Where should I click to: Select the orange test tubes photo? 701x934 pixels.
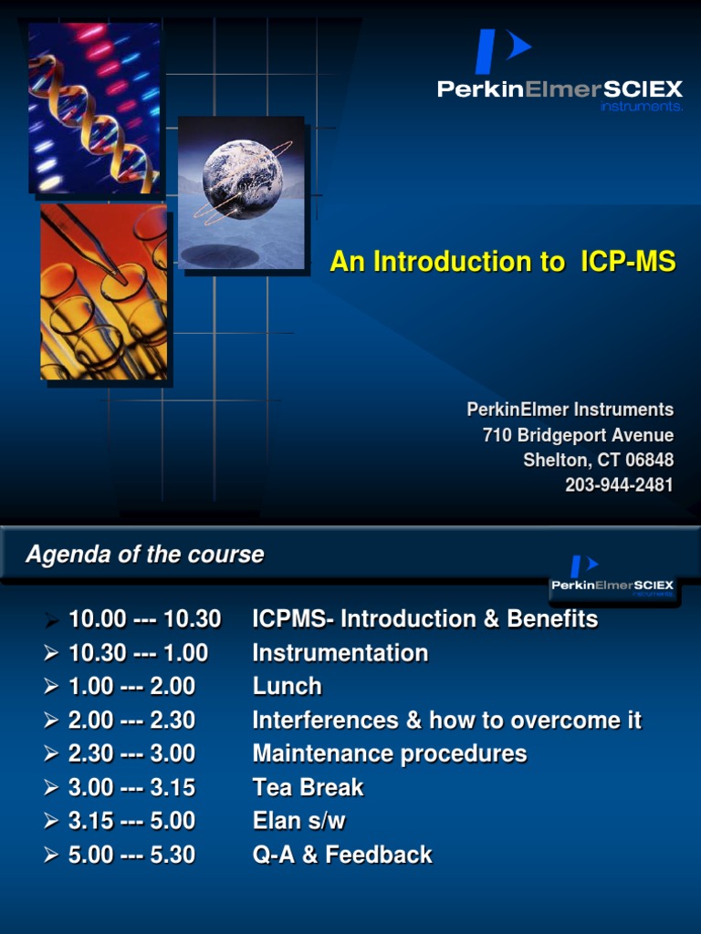click(103, 292)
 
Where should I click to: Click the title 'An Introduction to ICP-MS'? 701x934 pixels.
click(502, 263)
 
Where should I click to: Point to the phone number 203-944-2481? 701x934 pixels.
click(618, 485)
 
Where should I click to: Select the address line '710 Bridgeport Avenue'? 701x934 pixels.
click(578, 436)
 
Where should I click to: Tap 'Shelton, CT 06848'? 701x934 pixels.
click(598, 461)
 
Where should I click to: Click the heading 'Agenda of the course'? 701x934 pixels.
click(145, 555)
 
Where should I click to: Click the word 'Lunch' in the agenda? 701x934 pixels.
click(288, 686)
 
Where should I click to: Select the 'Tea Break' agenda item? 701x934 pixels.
click(308, 787)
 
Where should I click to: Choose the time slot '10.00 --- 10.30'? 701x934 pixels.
click(144, 619)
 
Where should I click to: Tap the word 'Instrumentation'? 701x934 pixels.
click(340, 653)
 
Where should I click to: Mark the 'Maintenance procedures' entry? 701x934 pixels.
click(390, 753)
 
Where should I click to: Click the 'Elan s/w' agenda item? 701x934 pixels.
click(298, 821)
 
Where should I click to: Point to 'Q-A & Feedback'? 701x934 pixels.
click(342, 855)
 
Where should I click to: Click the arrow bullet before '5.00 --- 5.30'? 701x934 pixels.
click(51, 856)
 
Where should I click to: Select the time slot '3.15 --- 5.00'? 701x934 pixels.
click(131, 821)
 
